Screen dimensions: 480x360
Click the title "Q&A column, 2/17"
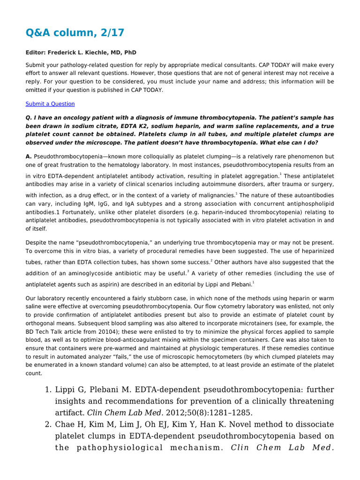[75, 32]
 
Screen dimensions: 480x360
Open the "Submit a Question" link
[50, 104]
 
